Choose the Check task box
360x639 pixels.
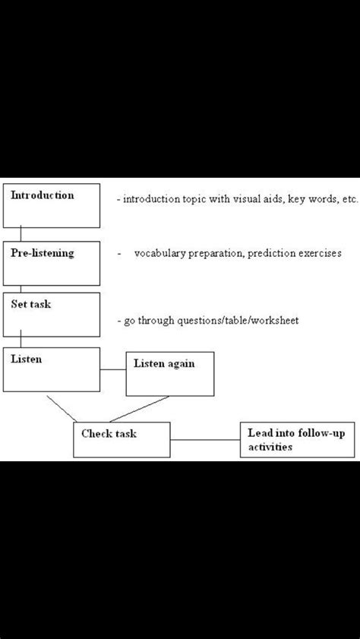[x=122, y=440]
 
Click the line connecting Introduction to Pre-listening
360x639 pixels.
[x=21, y=235]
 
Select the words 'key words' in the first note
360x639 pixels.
[x=301, y=199]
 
